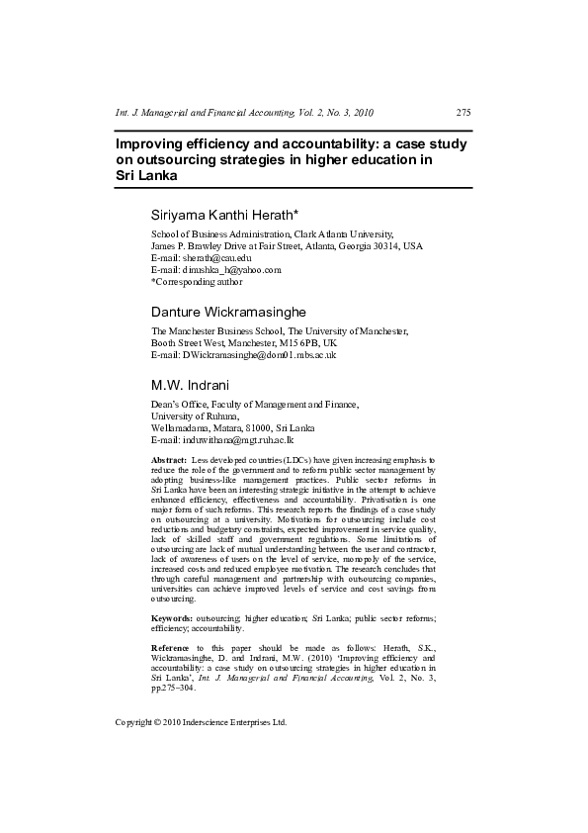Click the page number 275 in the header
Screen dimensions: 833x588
coord(463,113)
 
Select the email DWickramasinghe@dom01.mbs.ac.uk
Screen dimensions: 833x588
coord(257,354)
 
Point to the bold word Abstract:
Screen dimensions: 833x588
coord(169,462)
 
